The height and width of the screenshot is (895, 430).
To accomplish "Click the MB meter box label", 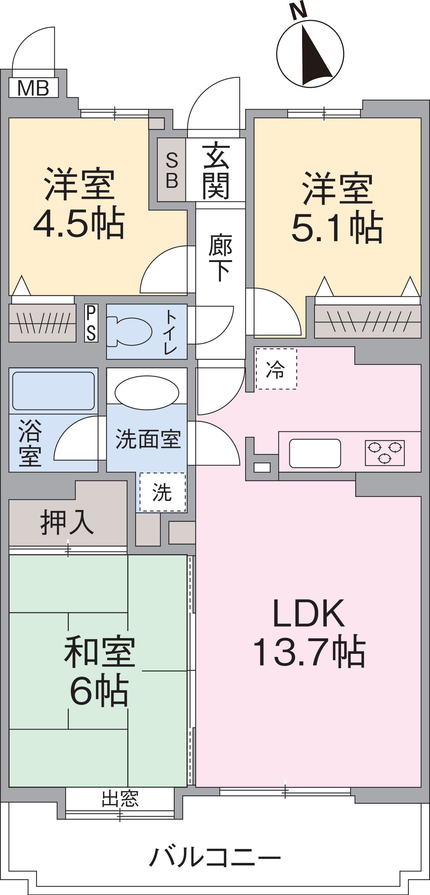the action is tap(33, 88).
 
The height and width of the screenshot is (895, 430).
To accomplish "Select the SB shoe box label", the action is tap(172, 170).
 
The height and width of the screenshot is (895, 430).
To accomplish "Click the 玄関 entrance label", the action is tap(216, 170).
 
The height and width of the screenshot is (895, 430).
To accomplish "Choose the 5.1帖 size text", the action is tap(337, 226).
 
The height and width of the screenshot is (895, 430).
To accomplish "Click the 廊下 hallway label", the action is tap(220, 257).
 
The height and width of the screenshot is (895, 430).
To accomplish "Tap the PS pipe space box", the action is tap(91, 323).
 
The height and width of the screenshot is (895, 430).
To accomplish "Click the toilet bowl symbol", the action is tap(129, 332).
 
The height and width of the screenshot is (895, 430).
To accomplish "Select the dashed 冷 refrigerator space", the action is tap(276, 369).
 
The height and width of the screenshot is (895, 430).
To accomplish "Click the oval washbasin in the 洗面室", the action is tap(147, 393).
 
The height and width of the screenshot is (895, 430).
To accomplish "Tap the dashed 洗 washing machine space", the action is tap(162, 492).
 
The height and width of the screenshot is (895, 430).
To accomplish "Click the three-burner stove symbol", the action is tap(385, 453).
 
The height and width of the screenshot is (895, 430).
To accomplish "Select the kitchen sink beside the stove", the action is tap(315, 453).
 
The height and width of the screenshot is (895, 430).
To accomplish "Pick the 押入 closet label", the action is tap(67, 522).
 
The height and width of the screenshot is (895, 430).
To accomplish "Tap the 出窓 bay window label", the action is tap(120, 798).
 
